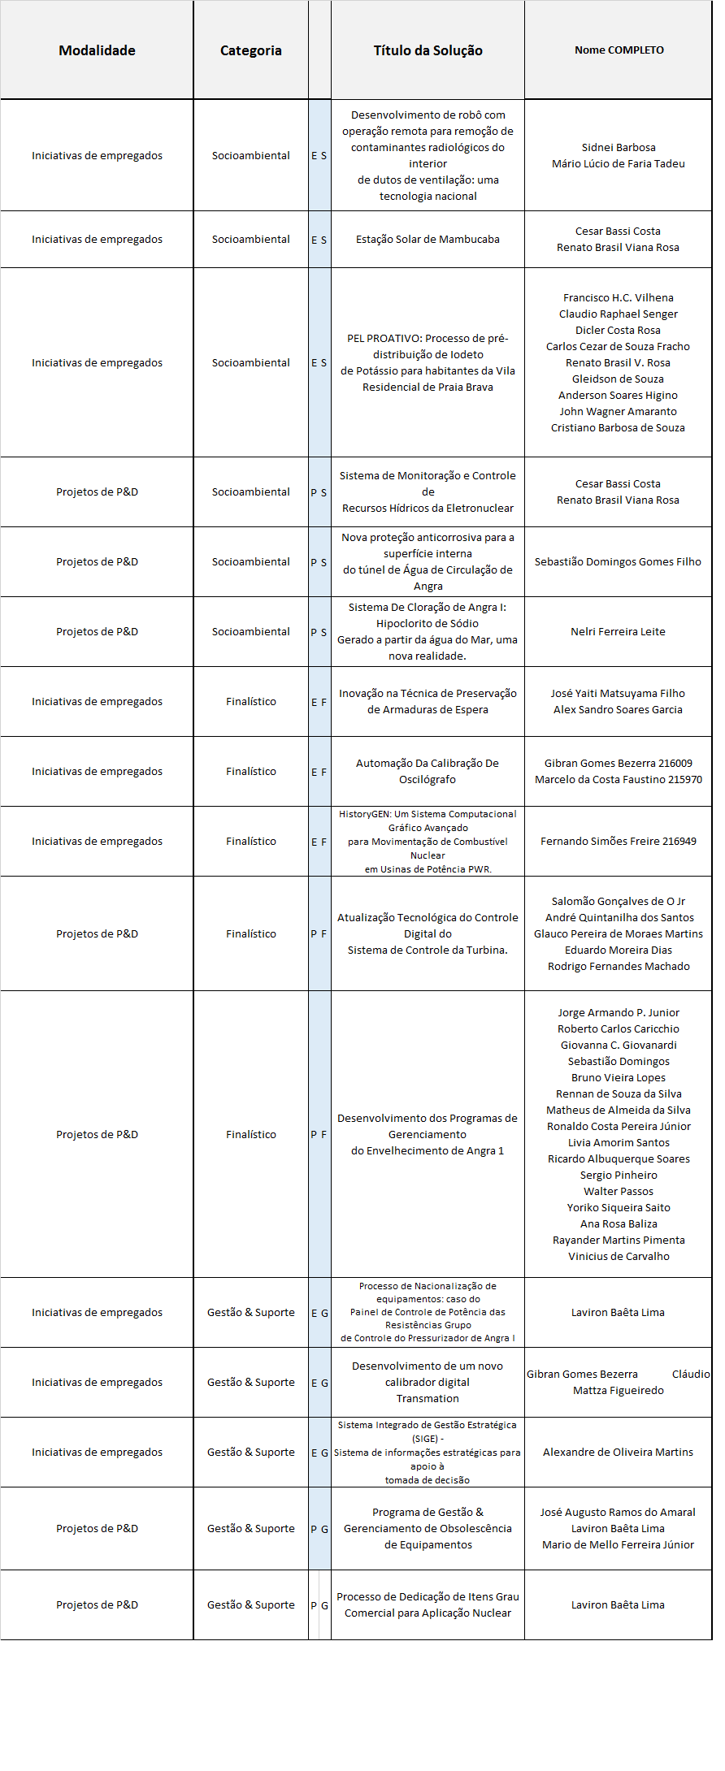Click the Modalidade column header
click(97, 50)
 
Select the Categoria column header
click(250, 50)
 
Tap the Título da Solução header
click(428, 50)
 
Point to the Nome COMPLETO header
click(619, 50)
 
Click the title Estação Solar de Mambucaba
click(428, 239)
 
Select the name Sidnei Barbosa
click(619, 147)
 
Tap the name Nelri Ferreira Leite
click(618, 631)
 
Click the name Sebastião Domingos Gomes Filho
click(618, 561)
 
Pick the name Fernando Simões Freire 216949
click(618, 841)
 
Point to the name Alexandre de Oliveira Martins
click(618, 1452)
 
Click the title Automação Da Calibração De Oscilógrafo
click(428, 771)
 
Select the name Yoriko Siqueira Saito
click(619, 1207)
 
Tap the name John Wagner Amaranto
click(618, 411)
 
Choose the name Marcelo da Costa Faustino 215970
click(618, 779)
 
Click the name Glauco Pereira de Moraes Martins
click(618, 933)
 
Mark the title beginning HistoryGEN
click(428, 841)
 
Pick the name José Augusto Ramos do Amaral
click(618, 1512)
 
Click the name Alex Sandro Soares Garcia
click(618, 709)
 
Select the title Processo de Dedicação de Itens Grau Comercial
click(428, 1604)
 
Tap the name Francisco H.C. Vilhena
click(618, 297)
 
